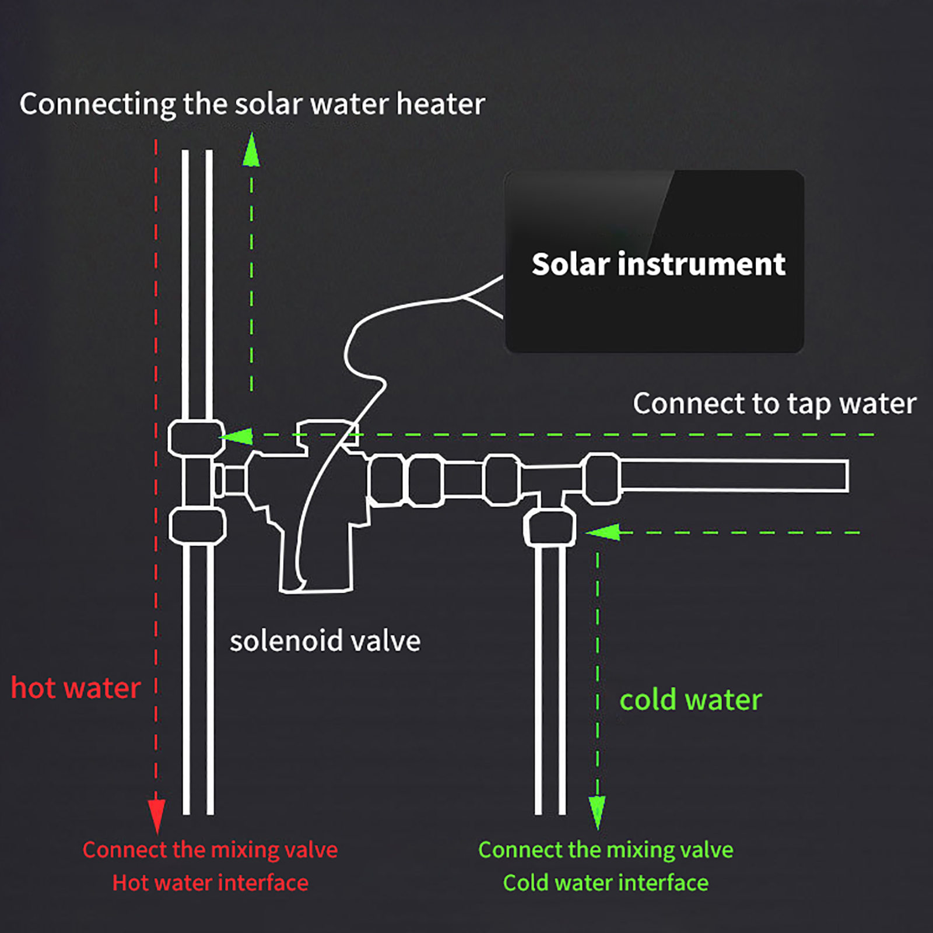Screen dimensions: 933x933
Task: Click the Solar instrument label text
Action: pyautogui.click(x=658, y=264)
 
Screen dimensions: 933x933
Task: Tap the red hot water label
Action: pyautogui.click(x=76, y=688)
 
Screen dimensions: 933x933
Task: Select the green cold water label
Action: pyautogui.click(x=690, y=700)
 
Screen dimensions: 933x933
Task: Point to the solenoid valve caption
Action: pyautogui.click(x=325, y=641)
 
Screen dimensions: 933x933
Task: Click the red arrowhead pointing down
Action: pyautogui.click(x=156, y=816)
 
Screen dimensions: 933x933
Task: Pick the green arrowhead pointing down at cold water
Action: pyautogui.click(x=597, y=812)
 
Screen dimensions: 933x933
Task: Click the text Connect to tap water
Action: pyautogui.click(x=774, y=404)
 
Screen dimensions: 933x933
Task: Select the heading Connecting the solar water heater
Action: pyautogui.click(x=252, y=104)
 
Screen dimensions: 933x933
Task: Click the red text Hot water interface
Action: pyautogui.click(x=210, y=883)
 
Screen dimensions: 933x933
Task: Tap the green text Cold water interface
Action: pyautogui.click(x=606, y=883)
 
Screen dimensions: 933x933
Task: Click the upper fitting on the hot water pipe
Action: pyautogui.click(x=197, y=438)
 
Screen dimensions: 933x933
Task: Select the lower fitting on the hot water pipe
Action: pyautogui.click(x=197, y=526)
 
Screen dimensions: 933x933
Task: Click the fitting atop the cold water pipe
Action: pyautogui.click(x=550, y=527)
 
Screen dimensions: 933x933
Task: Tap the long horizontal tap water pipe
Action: pyautogui.click(x=734, y=476)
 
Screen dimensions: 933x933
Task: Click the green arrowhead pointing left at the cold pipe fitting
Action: pyautogui.click(x=602, y=532)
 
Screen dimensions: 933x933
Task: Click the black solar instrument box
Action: pyautogui.click(x=654, y=261)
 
